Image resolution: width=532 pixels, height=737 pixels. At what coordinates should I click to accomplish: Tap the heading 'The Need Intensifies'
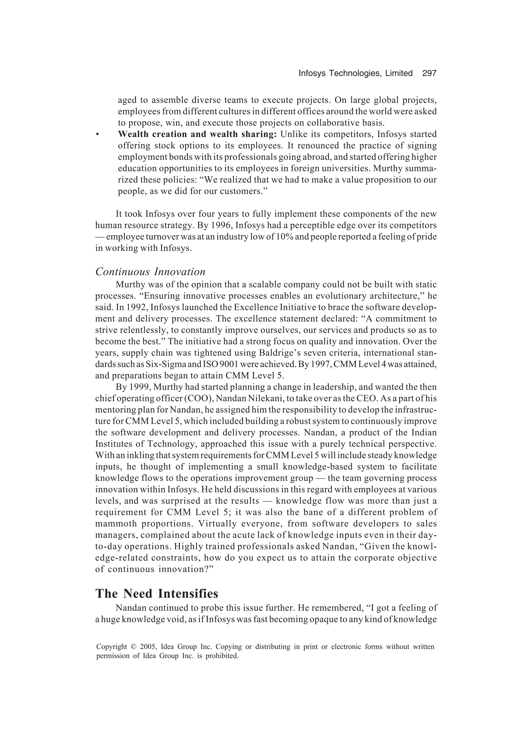click(x=157, y=594)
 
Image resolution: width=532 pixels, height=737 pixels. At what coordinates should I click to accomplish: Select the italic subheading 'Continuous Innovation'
click(x=150, y=272)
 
